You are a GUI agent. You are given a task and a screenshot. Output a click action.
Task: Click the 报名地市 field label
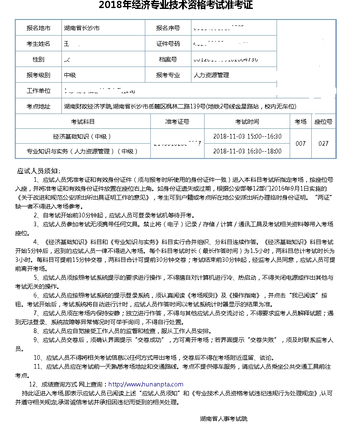tap(38, 28)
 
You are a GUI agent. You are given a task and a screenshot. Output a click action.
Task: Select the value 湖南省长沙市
tap(82, 28)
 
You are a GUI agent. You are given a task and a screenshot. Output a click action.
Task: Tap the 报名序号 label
tap(168, 28)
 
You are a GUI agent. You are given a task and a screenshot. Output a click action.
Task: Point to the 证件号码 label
tap(168, 44)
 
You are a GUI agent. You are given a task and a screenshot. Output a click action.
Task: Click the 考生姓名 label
tap(38, 44)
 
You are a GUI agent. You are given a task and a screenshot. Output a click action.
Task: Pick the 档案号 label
tap(168, 59)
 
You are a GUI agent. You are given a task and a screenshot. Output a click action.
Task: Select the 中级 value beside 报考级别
tap(70, 75)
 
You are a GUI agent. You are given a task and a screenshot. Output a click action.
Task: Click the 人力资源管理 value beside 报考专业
tap(211, 75)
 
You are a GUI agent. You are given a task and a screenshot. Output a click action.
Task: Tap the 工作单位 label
tap(38, 91)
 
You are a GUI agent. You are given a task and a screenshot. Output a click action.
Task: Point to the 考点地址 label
tap(38, 106)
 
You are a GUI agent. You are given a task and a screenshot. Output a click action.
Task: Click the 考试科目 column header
tap(83, 122)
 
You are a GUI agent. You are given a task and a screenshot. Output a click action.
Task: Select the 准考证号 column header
tap(177, 122)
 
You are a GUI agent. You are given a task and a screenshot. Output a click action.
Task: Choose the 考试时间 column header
tap(247, 122)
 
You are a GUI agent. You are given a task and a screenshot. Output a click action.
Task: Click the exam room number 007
tap(300, 144)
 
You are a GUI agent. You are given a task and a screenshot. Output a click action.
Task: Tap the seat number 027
tap(324, 144)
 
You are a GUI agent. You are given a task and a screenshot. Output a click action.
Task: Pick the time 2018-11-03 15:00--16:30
tap(247, 136)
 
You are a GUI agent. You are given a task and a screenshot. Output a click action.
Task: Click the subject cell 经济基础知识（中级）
tap(83, 136)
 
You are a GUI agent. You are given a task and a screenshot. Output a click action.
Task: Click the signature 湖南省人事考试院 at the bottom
tap(224, 419)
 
